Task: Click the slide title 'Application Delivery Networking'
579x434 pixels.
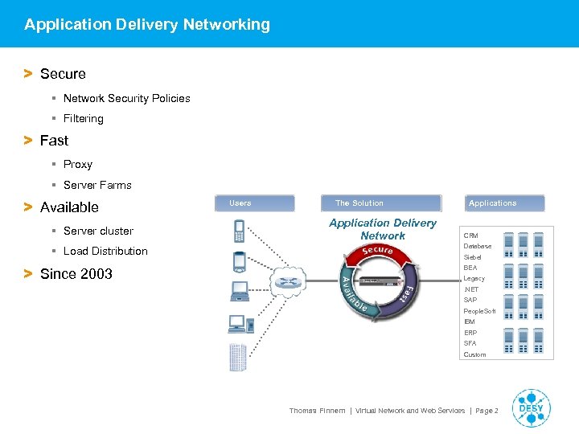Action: point(147,24)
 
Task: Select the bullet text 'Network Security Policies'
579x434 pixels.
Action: point(126,98)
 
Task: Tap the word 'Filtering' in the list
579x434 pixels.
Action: point(83,118)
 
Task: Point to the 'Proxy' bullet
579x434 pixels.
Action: point(77,164)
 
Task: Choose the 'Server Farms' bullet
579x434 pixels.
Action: point(96,185)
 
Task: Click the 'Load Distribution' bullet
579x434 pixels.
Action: point(105,251)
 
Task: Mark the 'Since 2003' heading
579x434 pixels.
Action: point(76,274)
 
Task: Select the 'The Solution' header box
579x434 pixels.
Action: point(382,203)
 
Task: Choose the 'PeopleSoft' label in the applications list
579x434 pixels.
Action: point(479,311)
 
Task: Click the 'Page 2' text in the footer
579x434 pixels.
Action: point(487,411)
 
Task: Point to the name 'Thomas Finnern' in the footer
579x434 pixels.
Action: point(317,411)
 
